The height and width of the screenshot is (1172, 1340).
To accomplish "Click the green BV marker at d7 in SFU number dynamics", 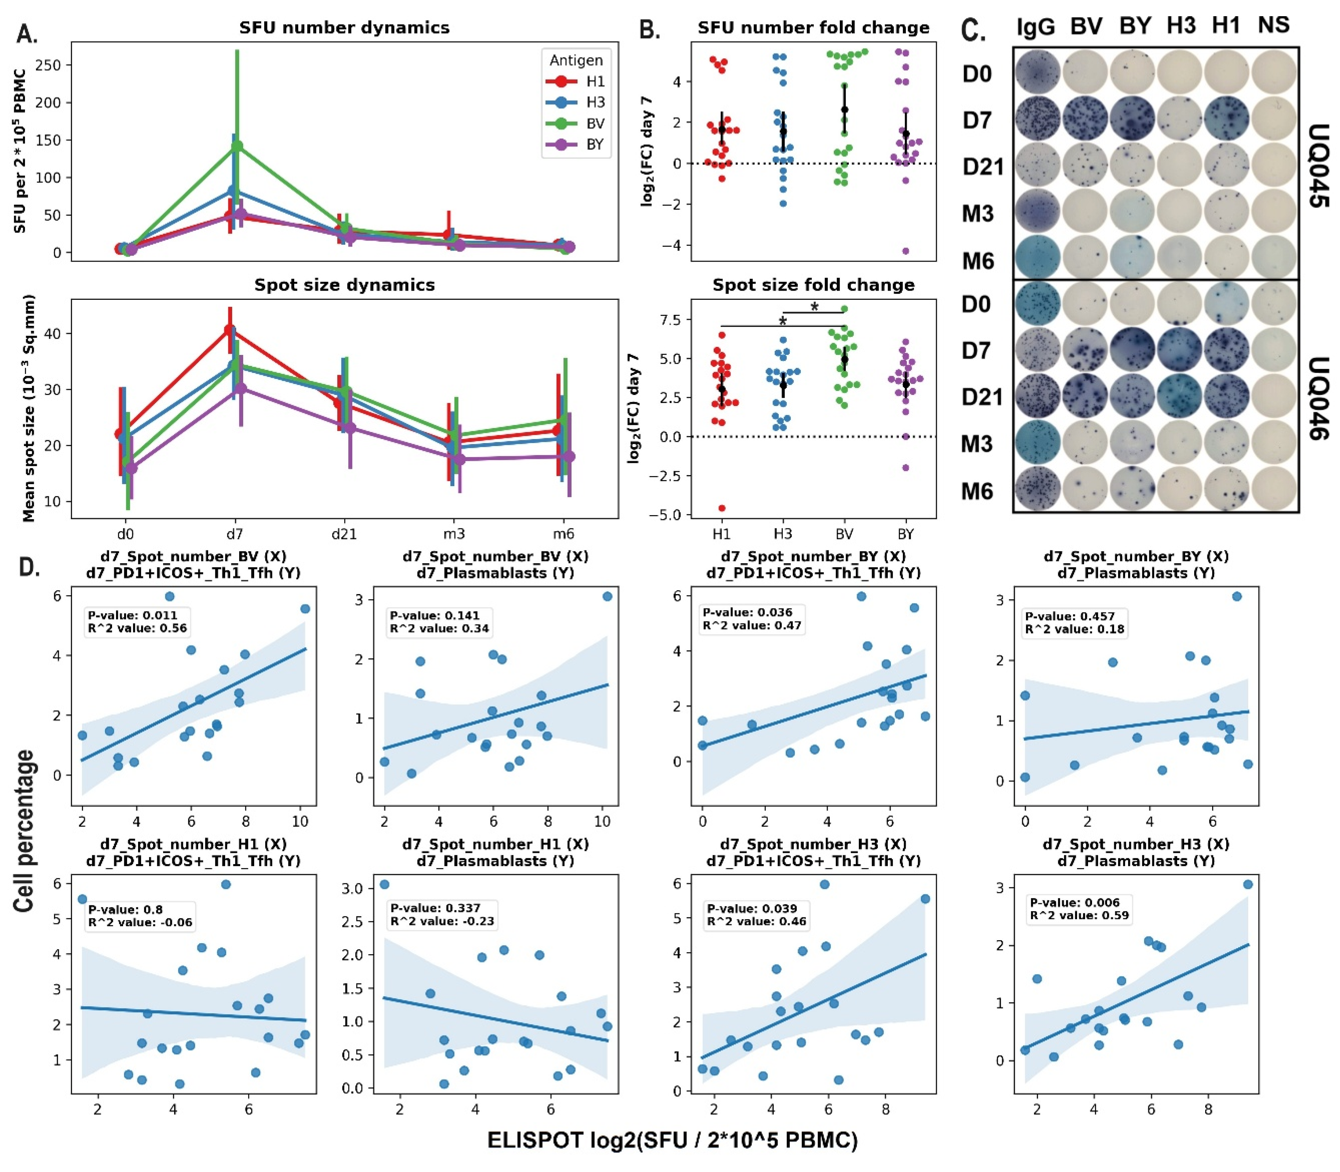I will click(237, 146).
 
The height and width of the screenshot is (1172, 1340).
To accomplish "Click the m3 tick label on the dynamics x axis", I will click(454, 534).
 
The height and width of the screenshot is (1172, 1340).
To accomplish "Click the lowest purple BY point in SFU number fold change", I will click(906, 251).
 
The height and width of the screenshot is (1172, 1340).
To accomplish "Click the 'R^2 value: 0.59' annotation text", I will click(1079, 915).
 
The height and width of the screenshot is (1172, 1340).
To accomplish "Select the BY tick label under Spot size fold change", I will click(905, 534).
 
